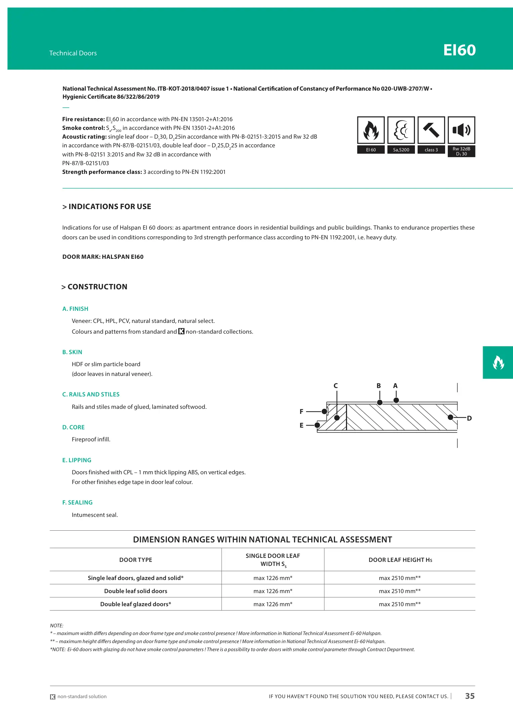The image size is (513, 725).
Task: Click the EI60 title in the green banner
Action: point(459,50)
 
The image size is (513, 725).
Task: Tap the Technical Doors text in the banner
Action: point(73,53)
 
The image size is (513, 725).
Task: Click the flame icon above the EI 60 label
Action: point(371,130)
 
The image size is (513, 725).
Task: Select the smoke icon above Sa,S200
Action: point(401,130)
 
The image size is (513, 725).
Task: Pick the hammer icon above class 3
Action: point(431,130)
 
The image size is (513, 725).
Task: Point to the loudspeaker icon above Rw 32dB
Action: point(461,130)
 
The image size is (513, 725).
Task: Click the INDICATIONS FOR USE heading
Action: point(107,206)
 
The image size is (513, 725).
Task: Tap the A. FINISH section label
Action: point(75,309)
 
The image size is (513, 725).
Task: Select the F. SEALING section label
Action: point(77,502)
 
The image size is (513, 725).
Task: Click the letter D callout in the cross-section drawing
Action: point(469,418)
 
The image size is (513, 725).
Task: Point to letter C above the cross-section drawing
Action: point(336,386)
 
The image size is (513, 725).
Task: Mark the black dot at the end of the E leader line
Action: point(317,425)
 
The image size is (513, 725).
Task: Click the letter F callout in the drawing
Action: point(301,412)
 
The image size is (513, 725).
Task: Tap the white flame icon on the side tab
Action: point(498,362)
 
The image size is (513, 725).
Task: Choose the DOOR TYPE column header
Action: point(136,560)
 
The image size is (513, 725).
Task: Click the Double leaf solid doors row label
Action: point(136,591)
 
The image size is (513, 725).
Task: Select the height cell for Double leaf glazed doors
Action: point(400,604)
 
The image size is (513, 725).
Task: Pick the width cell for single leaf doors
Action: point(273,578)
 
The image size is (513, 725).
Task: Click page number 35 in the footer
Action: point(470,696)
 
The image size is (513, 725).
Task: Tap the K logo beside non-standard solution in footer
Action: point(53,697)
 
